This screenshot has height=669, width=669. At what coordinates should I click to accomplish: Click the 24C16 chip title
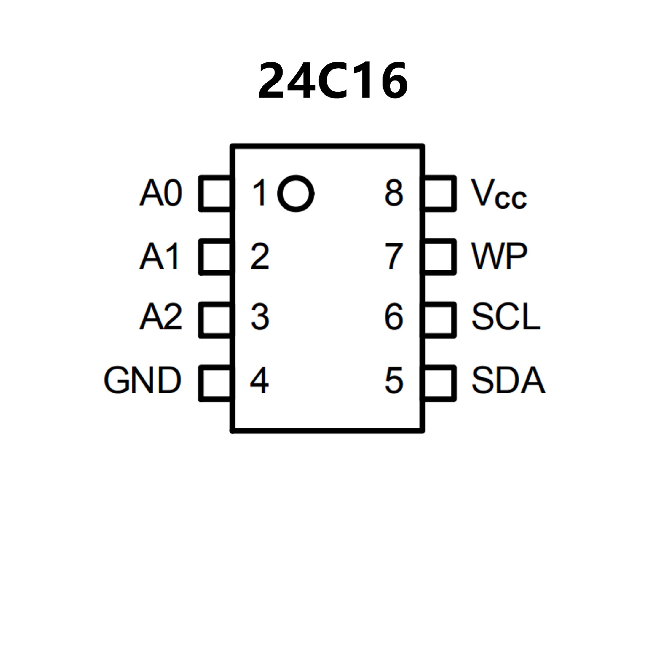click(333, 81)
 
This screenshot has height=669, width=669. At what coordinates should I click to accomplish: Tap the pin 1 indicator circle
click(295, 193)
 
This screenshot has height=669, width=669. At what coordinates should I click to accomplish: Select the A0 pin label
click(161, 193)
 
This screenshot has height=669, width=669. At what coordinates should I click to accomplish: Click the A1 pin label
click(160, 256)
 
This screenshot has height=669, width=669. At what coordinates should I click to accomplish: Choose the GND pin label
click(143, 380)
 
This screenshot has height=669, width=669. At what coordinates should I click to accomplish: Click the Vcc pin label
click(498, 194)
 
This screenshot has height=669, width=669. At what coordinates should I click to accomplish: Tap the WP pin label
click(499, 256)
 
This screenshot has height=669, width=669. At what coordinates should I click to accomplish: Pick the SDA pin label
click(508, 380)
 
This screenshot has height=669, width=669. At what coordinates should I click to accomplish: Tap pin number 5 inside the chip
click(394, 380)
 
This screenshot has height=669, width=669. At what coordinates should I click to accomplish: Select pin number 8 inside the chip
click(394, 193)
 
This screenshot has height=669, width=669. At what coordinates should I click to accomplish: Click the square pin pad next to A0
click(215, 193)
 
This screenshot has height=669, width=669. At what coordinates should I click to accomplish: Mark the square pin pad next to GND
click(215, 383)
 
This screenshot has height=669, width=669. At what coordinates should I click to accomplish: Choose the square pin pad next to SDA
click(439, 383)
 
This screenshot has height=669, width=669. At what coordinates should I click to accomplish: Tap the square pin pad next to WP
click(439, 257)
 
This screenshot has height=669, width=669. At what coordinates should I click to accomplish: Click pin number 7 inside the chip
click(394, 256)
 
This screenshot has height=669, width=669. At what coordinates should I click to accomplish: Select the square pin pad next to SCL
click(439, 320)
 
